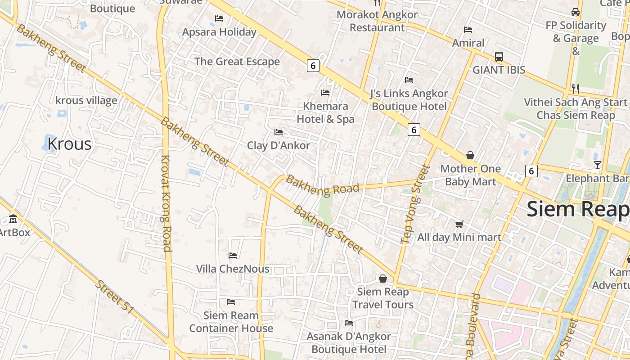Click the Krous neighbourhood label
(x=69, y=144)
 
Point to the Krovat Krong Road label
(x=166, y=203)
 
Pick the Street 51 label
(x=115, y=297)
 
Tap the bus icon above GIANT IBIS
(x=499, y=57)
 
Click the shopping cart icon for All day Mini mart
(x=459, y=224)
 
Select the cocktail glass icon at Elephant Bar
(x=597, y=165)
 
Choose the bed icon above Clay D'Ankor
(x=279, y=132)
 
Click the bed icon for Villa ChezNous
(x=233, y=256)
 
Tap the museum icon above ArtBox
(x=13, y=220)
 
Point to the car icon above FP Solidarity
(x=576, y=12)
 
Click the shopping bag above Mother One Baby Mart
(x=470, y=156)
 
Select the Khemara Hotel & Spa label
(x=325, y=112)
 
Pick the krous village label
(x=86, y=100)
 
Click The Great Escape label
(x=237, y=62)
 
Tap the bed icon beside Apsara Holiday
(x=219, y=18)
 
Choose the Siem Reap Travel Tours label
(x=383, y=298)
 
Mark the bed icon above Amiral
(x=468, y=30)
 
